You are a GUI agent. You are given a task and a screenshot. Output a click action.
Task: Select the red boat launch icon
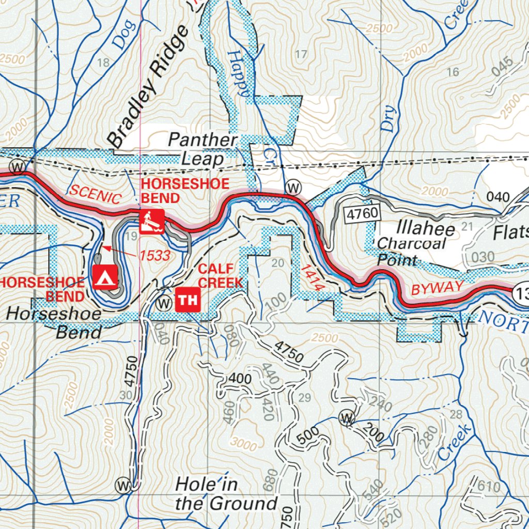point(151,222)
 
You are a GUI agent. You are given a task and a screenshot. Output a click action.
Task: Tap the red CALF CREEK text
point(220,275)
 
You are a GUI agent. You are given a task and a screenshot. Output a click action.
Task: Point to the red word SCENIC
point(95,194)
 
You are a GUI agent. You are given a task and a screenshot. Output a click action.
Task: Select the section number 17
point(301,54)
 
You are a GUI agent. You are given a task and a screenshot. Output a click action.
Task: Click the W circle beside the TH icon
point(164,301)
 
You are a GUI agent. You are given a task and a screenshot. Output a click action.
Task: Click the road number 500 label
point(308,437)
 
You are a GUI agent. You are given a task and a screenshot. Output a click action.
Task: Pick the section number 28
point(456,414)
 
